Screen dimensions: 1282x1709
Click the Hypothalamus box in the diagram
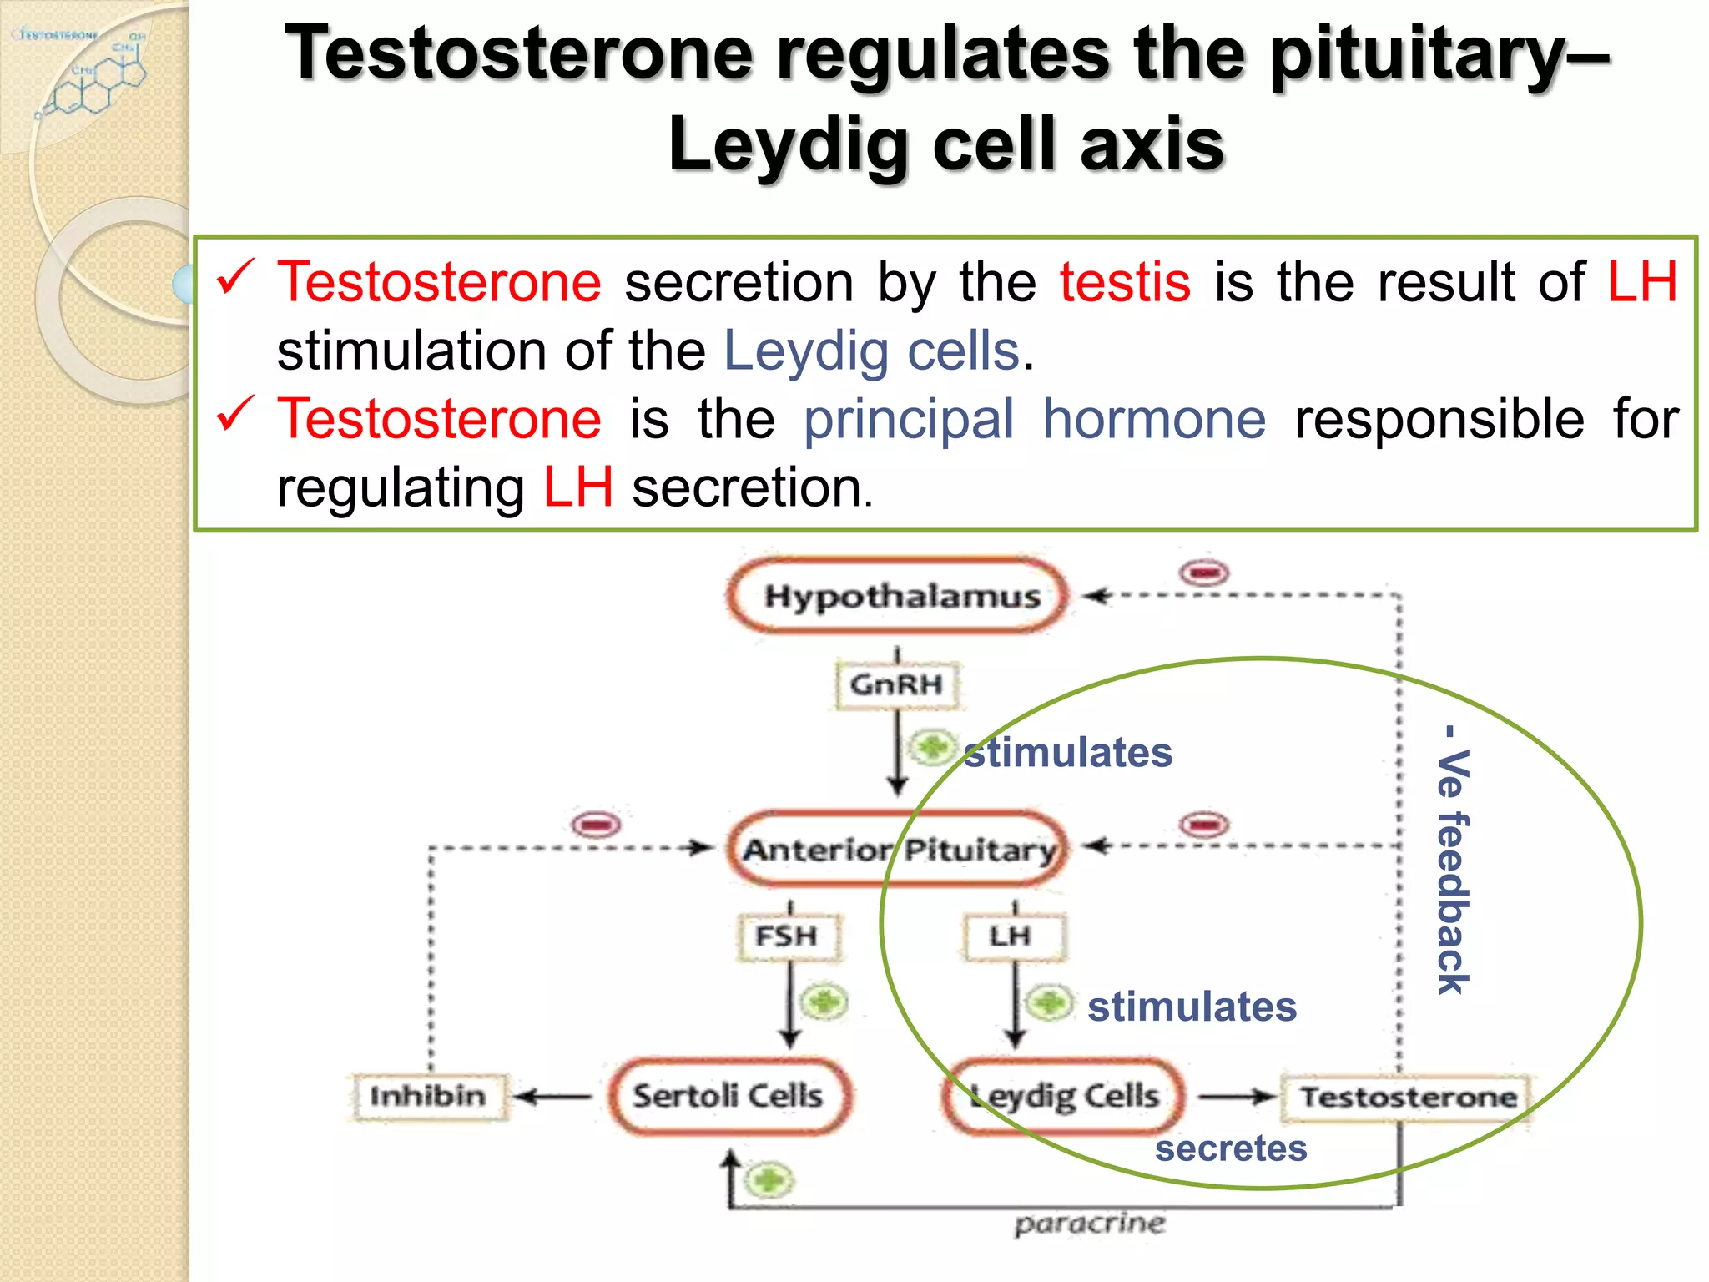coord(898,596)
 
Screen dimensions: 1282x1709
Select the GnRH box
coord(897,684)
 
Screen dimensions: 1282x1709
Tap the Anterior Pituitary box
coord(898,849)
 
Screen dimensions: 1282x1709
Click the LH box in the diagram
coord(1013,936)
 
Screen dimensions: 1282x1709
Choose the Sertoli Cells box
coord(729,1095)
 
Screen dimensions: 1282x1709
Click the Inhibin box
coord(428,1095)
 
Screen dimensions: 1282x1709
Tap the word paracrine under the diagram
coord(1089,1224)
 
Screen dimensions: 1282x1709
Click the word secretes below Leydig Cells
coord(1231,1148)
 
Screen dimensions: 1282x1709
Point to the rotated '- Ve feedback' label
coord(1453,860)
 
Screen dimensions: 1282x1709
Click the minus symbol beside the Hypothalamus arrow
coord(1204,573)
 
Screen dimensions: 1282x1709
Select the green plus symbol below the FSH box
coord(824,1002)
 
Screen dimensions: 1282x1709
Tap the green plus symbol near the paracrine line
coord(769,1180)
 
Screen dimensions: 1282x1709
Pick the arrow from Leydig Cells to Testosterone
coord(1237,1096)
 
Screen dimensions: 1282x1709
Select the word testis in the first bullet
coord(1125,282)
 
